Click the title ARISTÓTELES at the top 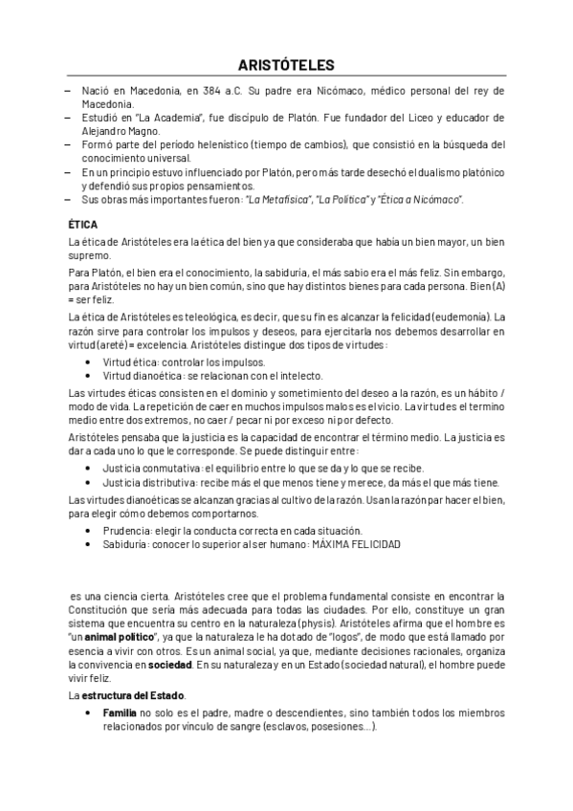pyautogui.click(x=286, y=65)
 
